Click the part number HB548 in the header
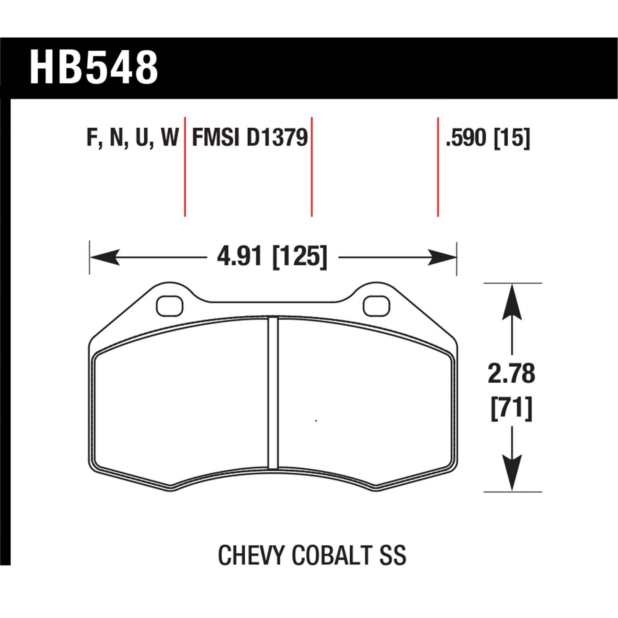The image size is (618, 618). coord(94,67)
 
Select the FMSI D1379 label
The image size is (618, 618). coord(250,138)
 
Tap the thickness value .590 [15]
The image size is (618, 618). coord(487,138)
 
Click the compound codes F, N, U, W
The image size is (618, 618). coord(132,138)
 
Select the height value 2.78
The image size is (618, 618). coord(511,373)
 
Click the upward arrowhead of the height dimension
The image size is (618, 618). coord(511,303)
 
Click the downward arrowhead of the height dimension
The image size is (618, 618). coord(511,472)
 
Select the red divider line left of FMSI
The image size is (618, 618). coord(185,167)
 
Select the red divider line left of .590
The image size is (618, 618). coord(438,167)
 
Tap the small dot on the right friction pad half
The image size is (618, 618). coord(316,421)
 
